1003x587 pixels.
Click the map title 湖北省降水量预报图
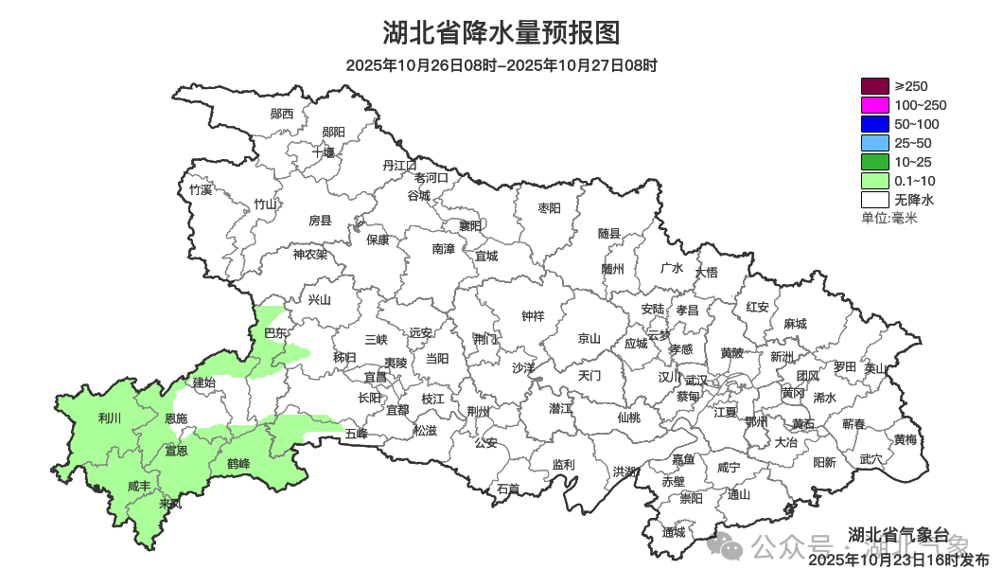click(x=501, y=33)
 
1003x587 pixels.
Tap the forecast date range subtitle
click(x=501, y=65)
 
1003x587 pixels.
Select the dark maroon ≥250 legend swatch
click(x=875, y=86)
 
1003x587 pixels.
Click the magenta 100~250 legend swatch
click(x=875, y=105)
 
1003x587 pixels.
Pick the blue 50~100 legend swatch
click(x=875, y=124)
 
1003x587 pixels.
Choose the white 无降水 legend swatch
click(x=875, y=200)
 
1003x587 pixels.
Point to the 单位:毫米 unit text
click(x=889, y=218)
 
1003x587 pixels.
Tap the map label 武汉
click(x=695, y=380)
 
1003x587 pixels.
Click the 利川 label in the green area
click(x=110, y=418)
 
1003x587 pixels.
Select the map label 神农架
click(x=309, y=254)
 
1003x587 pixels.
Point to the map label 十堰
click(x=324, y=151)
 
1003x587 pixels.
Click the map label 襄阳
click(x=470, y=225)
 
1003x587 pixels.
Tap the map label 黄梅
click(x=906, y=439)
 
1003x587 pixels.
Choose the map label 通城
click(x=674, y=532)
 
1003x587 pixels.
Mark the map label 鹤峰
click(x=238, y=464)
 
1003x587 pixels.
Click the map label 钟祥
click(x=534, y=316)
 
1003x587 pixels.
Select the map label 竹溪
click(x=201, y=189)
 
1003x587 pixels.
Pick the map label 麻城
click(x=795, y=324)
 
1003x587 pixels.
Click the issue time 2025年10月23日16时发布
click(x=899, y=560)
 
